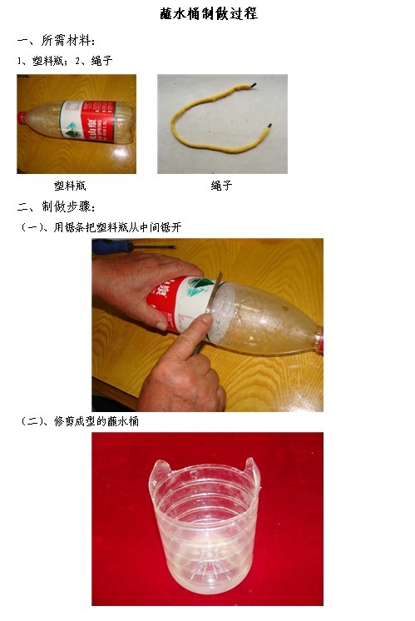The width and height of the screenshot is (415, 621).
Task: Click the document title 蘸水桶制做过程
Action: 209,13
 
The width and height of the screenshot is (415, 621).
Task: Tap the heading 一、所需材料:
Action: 56,41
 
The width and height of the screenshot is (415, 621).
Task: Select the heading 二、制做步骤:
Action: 56,206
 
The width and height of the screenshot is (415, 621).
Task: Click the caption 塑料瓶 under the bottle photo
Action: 70,186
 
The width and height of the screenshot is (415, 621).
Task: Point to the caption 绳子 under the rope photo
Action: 221,186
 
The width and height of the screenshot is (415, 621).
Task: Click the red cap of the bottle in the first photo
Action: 22,118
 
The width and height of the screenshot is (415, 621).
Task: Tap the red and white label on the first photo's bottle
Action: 87,121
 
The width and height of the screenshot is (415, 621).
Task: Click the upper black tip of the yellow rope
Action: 253,85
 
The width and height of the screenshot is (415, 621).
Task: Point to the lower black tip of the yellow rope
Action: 269,126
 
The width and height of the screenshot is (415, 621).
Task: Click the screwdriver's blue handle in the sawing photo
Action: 112,246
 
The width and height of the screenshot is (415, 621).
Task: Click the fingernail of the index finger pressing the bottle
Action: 206,318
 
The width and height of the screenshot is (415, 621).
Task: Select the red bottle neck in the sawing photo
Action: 319,340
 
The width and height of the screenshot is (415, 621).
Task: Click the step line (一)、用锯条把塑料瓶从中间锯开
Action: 100,227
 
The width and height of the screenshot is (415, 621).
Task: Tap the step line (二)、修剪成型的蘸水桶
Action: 79,421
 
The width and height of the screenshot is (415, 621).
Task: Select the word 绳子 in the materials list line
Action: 101,60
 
